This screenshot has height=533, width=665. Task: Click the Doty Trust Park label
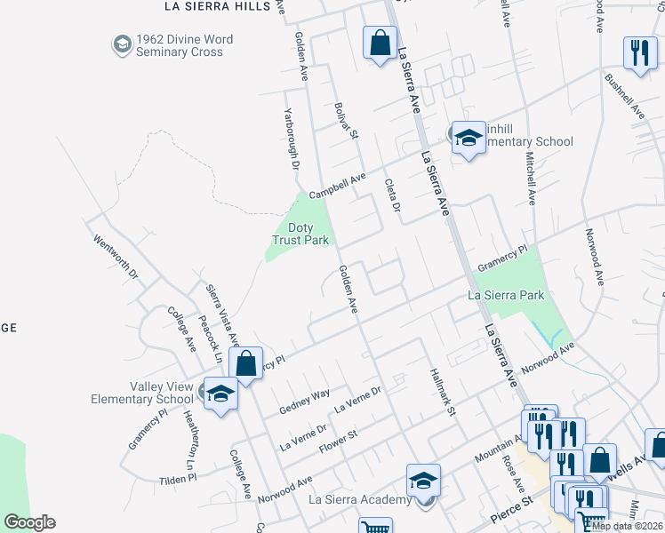pos(300,234)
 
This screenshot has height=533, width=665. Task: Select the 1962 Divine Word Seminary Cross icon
pos(122,44)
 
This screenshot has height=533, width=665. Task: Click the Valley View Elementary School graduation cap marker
pos(220,394)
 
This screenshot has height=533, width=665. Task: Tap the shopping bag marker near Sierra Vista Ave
pos(245,362)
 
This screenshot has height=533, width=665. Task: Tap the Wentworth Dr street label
pos(116,257)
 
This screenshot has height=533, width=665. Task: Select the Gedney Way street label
pos(304,401)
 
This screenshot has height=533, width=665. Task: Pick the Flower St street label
pos(339,441)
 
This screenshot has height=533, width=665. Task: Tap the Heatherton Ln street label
pos(188,441)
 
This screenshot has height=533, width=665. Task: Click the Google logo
pos(29,522)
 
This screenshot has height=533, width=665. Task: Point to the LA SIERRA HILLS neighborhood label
pos(217,6)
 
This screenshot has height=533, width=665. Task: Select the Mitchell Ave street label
pos(531,179)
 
